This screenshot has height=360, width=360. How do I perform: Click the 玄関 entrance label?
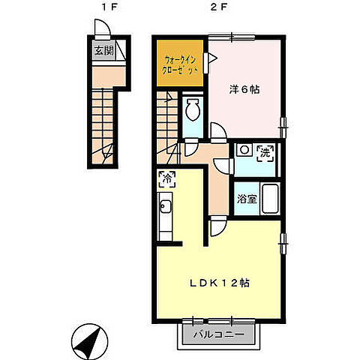103,51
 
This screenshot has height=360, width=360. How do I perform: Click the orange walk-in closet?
181,62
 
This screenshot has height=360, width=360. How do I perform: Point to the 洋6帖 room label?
244,88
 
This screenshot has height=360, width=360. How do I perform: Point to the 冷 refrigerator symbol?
167,179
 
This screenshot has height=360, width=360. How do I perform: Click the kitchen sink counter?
165,217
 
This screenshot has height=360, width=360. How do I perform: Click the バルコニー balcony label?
218,334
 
